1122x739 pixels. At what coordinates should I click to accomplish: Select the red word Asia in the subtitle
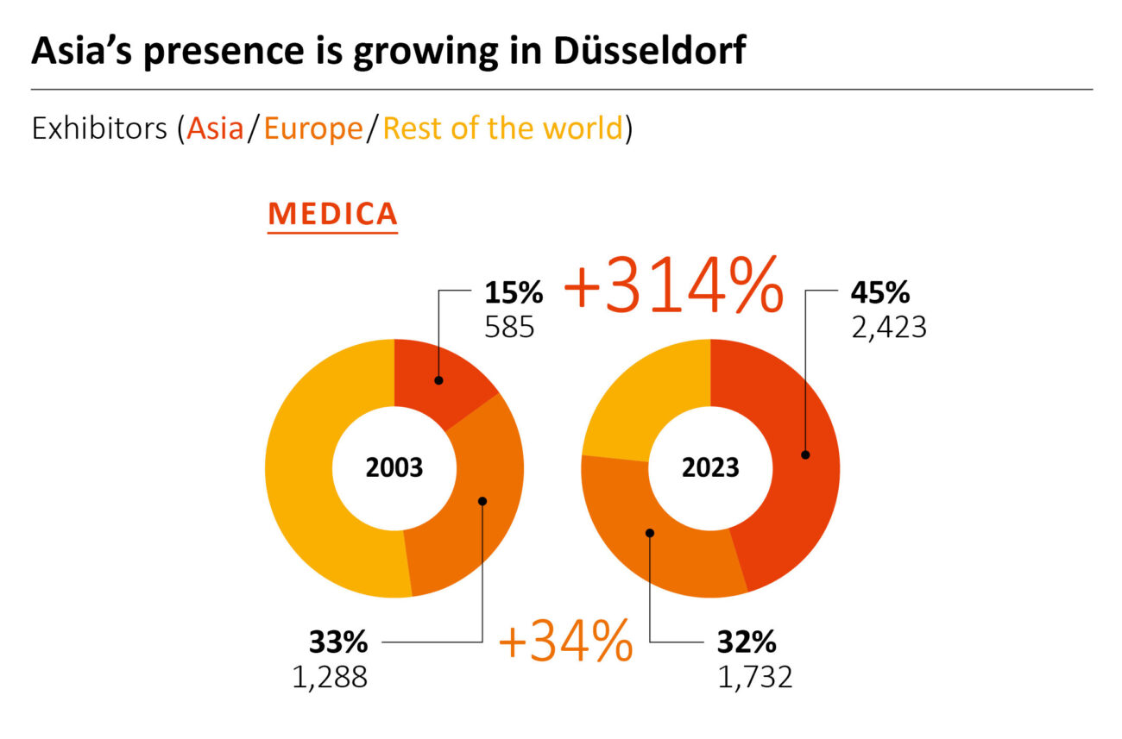pos(216,128)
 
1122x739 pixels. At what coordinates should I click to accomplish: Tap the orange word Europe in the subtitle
pos(313,128)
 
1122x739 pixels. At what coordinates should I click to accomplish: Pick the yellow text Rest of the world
pos(502,128)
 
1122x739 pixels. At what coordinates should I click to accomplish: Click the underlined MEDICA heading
pos(332,214)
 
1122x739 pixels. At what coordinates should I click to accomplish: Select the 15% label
pos(514,294)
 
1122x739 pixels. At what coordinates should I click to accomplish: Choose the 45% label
pos(879,294)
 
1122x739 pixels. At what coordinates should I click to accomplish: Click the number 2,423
pos(888,327)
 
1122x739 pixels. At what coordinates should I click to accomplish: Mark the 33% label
pos(338,642)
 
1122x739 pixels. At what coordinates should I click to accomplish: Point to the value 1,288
pos(330,676)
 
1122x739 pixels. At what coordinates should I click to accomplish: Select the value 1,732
pos(754,676)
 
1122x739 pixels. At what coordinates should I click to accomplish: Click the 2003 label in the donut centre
pos(394,467)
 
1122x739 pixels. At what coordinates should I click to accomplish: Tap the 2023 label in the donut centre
pos(710,467)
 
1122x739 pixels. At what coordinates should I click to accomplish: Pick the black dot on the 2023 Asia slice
pos(805,454)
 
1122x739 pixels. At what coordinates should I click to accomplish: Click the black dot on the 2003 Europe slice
pos(482,500)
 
